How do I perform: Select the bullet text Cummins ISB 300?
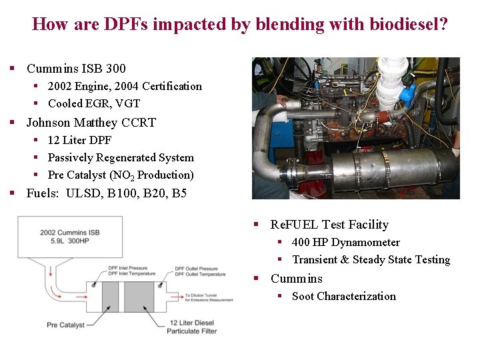click(76, 69)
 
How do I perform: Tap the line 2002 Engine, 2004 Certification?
click(125, 86)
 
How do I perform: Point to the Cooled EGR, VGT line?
click(94, 103)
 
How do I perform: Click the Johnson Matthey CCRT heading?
click(91, 123)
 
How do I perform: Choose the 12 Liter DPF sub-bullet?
click(79, 140)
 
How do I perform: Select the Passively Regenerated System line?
click(121, 158)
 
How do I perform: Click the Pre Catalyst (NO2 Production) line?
click(121, 175)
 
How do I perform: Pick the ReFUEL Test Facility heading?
click(329, 225)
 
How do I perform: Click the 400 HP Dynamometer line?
click(345, 243)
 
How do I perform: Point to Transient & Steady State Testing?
click(371, 260)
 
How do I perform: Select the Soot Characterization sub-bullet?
click(343, 297)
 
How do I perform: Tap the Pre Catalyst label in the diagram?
click(65, 325)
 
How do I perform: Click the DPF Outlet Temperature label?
click(200, 275)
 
